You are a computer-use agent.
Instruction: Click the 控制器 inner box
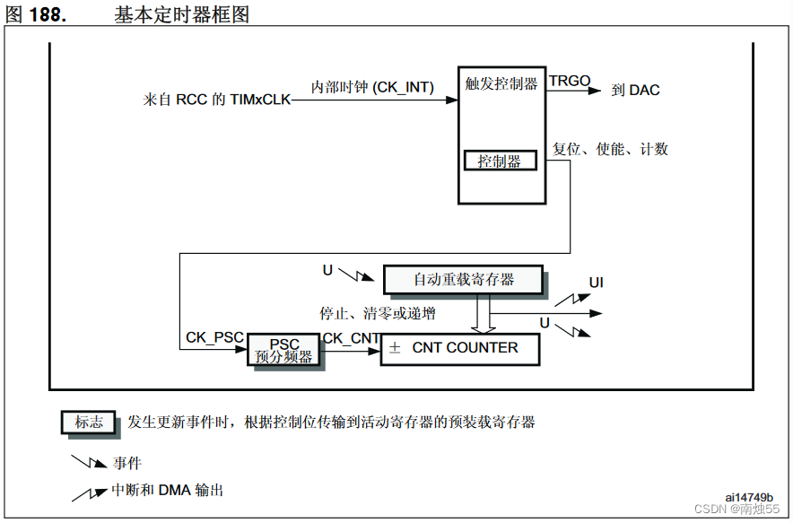click(500, 161)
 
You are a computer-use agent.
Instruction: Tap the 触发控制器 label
click(501, 83)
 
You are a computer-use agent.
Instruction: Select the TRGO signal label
click(570, 82)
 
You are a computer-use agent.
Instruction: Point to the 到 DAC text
click(635, 90)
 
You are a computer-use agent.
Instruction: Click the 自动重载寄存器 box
click(464, 279)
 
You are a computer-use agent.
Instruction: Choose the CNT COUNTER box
click(460, 348)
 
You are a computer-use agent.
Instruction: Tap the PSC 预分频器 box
click(283, 350)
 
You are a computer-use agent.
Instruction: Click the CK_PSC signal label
click(214, 337)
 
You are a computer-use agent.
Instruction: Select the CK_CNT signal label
click(352, 337)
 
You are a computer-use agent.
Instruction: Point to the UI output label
click(597, 283)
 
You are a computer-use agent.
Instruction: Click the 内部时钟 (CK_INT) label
click(372, 87)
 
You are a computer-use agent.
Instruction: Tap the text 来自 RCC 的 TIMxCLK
click(217, 100)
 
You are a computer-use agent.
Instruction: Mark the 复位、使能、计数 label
click(610, 149)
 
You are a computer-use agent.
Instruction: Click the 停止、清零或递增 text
click(378, 313)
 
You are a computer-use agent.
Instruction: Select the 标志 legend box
click(89, 423)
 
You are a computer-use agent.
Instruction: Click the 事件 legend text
click(126, 463)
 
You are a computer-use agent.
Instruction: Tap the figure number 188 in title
click(48, 14)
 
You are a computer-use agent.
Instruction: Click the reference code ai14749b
click(748, 497)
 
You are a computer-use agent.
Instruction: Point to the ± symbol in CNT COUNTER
click(395, 348)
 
